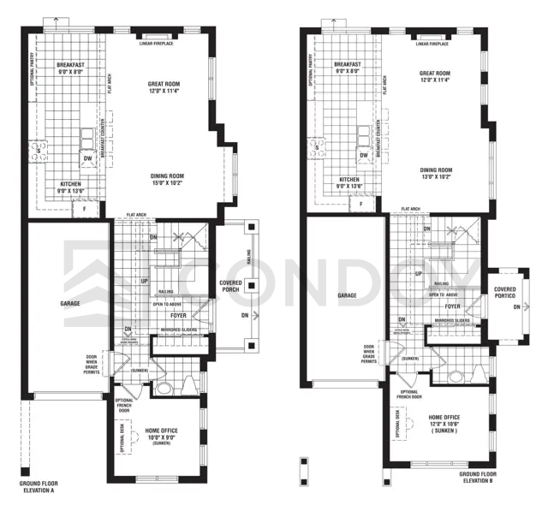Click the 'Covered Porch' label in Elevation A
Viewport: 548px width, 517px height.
click(230, 287)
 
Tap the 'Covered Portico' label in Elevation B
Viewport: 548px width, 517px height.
click(505, 294)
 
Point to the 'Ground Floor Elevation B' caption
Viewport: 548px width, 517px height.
click(477, 478)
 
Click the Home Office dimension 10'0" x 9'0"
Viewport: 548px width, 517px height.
click(161, 437)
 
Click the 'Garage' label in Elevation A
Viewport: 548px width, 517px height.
click(70, 303)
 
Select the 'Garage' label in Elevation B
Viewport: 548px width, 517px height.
click(347, 295)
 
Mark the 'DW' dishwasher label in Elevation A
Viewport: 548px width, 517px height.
click(87, 158)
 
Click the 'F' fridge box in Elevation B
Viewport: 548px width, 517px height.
click(361, 205)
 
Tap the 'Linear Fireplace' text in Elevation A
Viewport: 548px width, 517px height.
click(158, 43)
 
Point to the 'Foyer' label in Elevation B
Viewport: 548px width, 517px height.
click(453, 306)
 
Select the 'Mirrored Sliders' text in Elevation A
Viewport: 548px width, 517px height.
click(178, 329)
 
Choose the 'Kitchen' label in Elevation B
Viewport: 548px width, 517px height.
click(348, 180)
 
